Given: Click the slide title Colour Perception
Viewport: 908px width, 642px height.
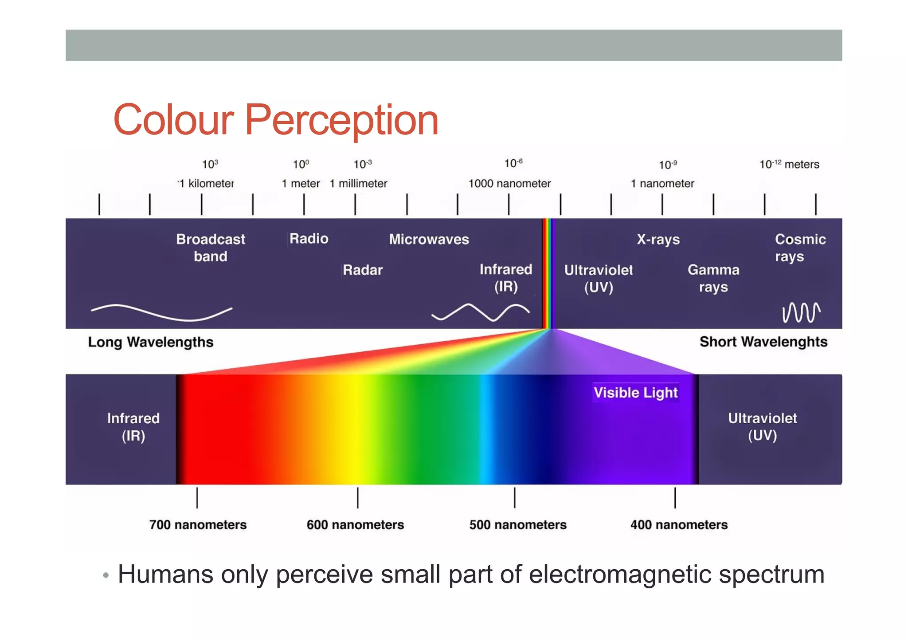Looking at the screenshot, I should (x=276, y=120).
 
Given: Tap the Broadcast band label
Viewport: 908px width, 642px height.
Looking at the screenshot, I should (x=210, y=248).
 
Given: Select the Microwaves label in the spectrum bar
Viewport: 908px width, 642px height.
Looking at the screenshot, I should (x=429, y=240).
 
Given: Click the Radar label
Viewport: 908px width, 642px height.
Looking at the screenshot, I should (x=362, y=270).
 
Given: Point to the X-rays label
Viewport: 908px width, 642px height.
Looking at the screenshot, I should (x=658, y=240).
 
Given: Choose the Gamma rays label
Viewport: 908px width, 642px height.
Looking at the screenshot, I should (x=713, y=278).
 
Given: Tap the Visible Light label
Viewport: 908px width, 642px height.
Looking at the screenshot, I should (x=635, y=393).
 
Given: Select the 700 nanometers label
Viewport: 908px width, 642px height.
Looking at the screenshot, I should (x=198, y=525).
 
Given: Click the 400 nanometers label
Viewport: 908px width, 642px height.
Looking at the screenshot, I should (x=679, y=525).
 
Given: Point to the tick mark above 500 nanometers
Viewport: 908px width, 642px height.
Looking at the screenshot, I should (x=514, y=497).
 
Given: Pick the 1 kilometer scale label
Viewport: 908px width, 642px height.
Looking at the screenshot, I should (x=206, y=184).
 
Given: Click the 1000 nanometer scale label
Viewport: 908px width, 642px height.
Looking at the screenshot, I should (x=509, y=184).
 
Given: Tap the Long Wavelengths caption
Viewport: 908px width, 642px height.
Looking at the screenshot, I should (x=151, y=342).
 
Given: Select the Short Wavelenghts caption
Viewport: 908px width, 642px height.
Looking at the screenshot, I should (x=763, y=342).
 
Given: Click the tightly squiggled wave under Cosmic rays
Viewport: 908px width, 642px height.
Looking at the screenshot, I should (x=801, y=313).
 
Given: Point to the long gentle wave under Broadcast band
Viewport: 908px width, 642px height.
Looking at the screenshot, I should (x=161, y=312).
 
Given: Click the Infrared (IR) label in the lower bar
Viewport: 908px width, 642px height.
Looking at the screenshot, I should (x=133, y=427).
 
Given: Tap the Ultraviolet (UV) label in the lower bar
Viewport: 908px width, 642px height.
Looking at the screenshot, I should (x=762, y=426).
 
